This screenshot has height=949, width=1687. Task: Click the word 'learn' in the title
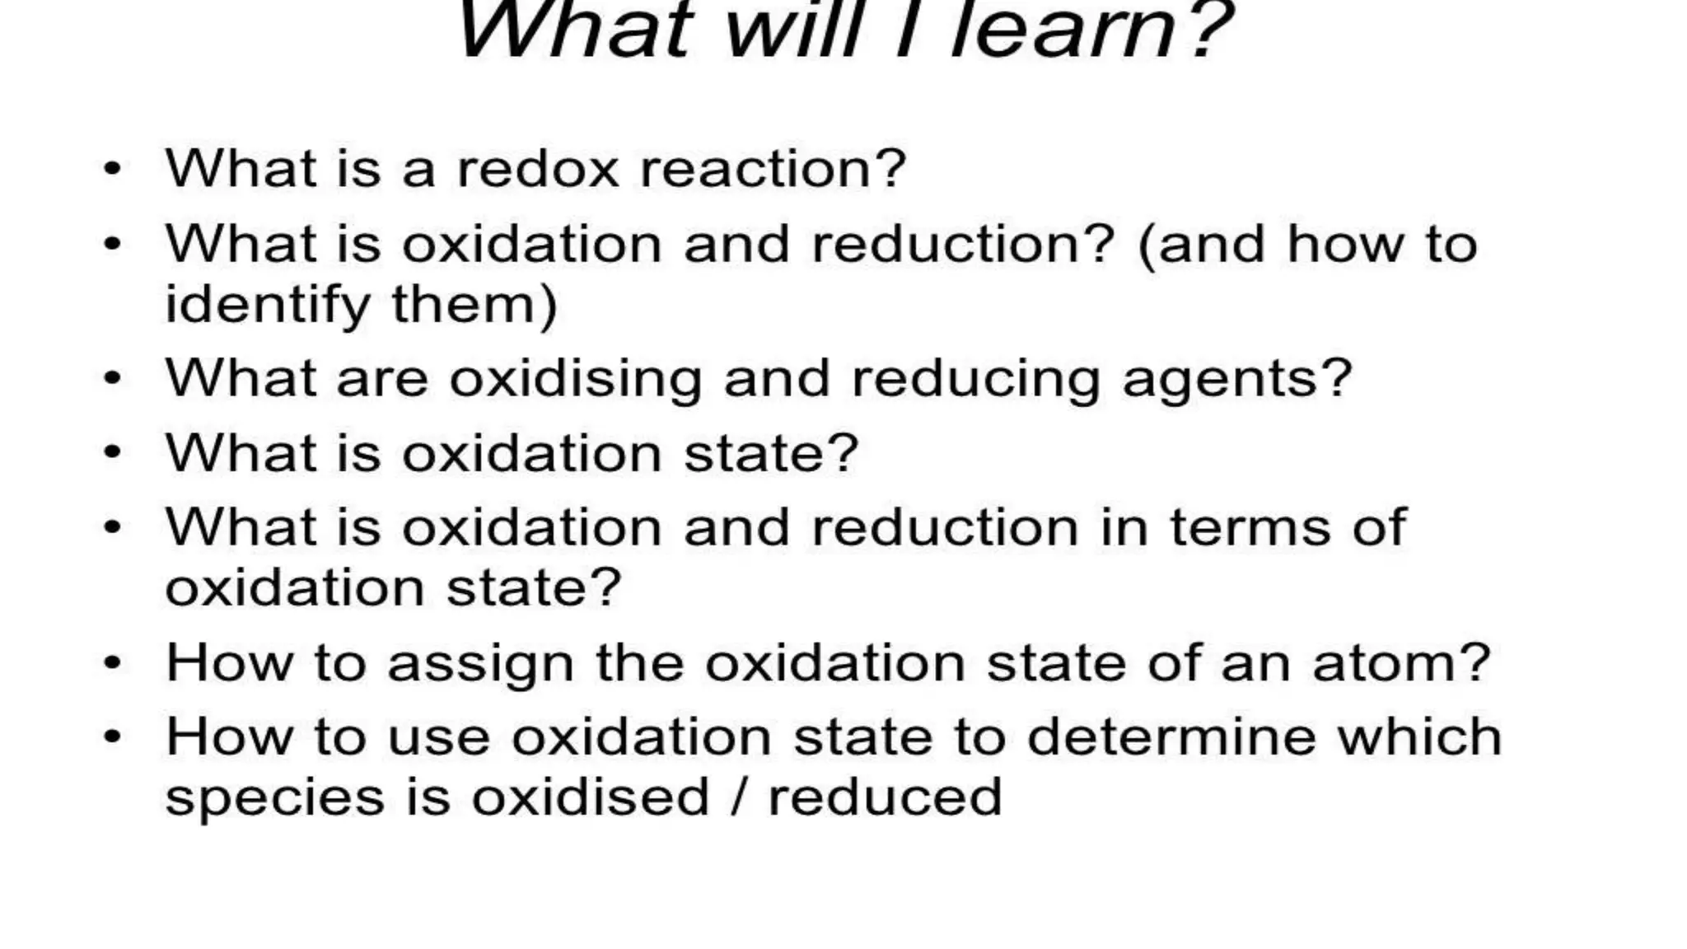(1063, 31)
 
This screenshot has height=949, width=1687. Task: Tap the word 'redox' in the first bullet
(537, 169)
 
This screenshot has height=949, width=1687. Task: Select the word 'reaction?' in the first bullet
(773, 169)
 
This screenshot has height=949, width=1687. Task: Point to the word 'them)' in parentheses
(474, 305)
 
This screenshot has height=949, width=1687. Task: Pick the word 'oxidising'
(575, 380)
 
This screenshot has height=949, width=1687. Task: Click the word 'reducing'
(975, 380)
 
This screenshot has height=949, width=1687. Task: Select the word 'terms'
(1250, 527)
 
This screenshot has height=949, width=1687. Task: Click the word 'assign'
(480, 664)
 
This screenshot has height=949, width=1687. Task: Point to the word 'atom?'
(1401, 662)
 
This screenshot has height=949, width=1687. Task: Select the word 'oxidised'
(590, 797)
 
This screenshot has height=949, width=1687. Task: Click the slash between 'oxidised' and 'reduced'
(739, 797)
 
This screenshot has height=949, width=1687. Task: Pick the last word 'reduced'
(885, 797)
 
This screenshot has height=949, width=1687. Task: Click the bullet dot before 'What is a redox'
(112, 170)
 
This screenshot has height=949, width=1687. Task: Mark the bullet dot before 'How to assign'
(112, 663)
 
